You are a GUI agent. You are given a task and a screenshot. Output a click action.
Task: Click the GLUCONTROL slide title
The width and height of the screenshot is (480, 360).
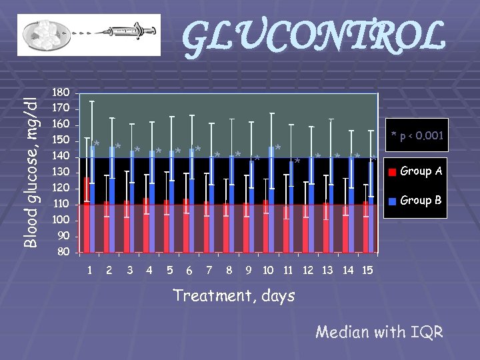point(313,38)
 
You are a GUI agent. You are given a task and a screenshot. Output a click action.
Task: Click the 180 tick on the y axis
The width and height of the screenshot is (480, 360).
point(61,92)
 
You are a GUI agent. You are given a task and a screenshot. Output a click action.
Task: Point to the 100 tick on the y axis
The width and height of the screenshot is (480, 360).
point(61,220)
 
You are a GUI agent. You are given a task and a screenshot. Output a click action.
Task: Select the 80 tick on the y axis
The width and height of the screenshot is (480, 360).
point(63,252)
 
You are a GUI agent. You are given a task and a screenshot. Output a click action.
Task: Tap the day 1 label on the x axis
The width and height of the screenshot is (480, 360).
point(90,270)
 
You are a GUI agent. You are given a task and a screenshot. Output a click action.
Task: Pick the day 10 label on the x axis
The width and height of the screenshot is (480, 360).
point(268,270)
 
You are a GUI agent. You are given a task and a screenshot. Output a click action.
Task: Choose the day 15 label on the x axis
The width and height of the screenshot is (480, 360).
point(367,270)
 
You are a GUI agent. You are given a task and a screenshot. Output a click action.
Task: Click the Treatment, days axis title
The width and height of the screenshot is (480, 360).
point(233,295)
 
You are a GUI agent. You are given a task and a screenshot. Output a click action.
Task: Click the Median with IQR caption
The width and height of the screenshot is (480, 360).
point(379,331)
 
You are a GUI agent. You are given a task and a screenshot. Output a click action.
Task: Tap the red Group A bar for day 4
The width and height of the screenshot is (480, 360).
point(146,227)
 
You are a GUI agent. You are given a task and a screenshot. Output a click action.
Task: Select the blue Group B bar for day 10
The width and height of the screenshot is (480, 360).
point(271,200)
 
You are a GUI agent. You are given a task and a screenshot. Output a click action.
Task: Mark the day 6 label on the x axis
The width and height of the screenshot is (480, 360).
point(189,271)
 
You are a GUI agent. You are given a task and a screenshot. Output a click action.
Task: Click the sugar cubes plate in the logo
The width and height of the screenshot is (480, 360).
point(43,34)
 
